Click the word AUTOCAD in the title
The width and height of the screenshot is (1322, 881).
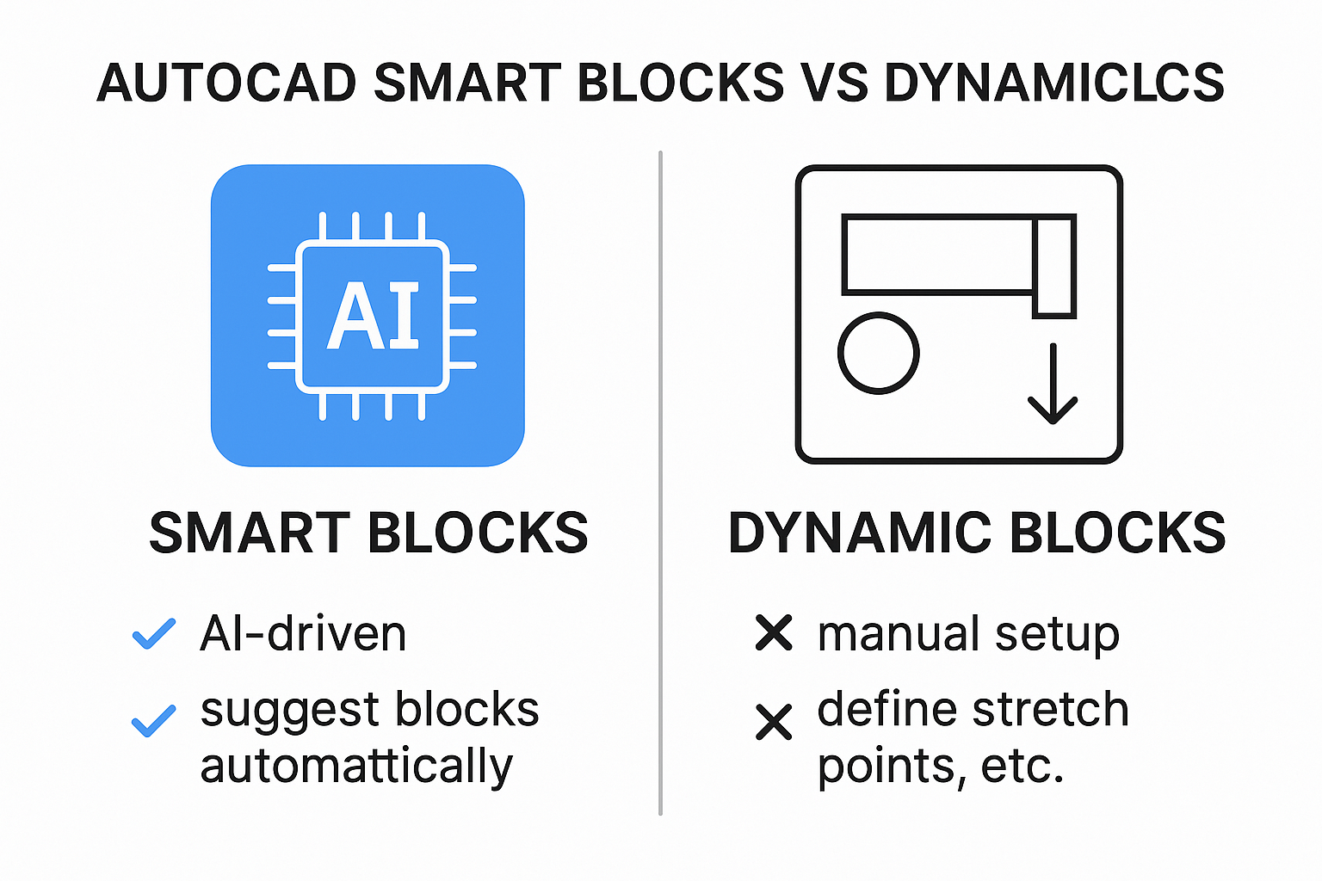click(x=227, y=83)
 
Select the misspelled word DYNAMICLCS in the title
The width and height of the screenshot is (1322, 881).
click(x=1054, y=83)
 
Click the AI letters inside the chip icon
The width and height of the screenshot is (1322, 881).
click(x=373, y=316)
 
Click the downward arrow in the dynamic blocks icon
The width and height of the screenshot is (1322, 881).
click(x=1053, y=384)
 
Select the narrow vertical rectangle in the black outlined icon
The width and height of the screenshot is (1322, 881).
click(x=1054, y=267)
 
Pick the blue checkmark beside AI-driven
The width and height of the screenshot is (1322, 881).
click(x=154, y=634)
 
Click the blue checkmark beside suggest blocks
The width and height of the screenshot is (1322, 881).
click(x=154, y=721)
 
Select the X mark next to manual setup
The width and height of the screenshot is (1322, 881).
click(x=774, y=632)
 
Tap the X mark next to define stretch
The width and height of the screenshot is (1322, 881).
click(x=774, y=722)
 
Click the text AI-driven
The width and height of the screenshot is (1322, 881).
click(x=303, y=634)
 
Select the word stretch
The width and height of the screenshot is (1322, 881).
click(x=1051, y=709)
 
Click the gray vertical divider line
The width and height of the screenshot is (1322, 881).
click(x=660, y=483)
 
